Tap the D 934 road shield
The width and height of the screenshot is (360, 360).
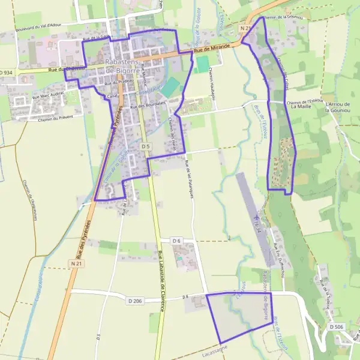click(6, 72)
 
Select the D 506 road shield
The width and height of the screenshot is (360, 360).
click(337, 326)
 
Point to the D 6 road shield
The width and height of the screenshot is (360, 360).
click(176, 241)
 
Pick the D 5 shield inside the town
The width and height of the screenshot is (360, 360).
click(145, 146)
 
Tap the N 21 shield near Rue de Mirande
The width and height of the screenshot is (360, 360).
click(244, 29)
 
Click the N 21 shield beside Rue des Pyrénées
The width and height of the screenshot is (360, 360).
click(76, 263)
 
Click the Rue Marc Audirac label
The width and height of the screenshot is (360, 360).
click(48, 95)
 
